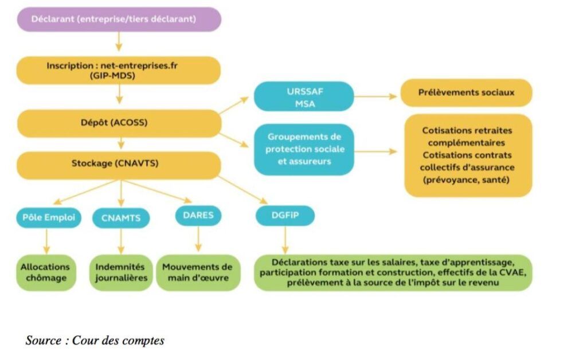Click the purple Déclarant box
tap(119, 19)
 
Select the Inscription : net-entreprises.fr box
tap(119, 71)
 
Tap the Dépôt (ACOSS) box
tap(119, 122)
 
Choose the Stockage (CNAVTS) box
tap(119, 163)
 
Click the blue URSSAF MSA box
tap(304, 96)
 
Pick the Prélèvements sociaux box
tap(465, 92)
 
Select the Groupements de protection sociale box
tap(304, 149)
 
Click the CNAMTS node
tap(120, 218)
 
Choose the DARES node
tap(198, 216)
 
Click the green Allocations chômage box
tap(45, 272)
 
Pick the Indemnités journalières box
tap(120, 272)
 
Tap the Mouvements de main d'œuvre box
tap(198, 272)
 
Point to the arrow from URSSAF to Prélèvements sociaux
tap(375, 96)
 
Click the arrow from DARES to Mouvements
tap(198, 239)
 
